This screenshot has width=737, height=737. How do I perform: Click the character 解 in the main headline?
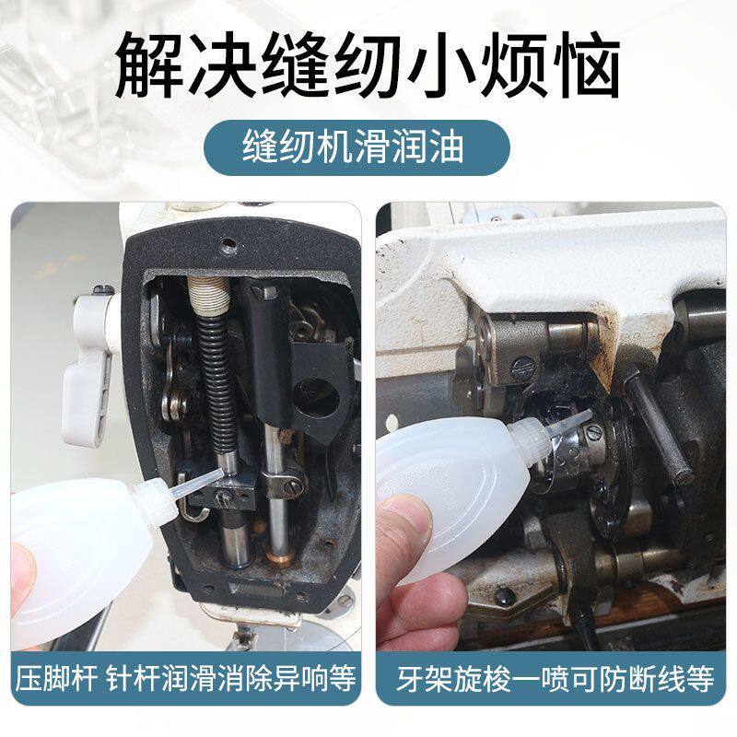tap(150, 64)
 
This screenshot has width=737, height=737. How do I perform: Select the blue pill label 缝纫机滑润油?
tap(357, 147)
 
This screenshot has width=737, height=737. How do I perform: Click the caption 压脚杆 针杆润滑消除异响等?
tap(186, 678)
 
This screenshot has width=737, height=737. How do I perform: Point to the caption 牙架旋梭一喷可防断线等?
tap(556, 678)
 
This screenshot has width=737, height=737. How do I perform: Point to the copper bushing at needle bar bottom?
tap(279, 557)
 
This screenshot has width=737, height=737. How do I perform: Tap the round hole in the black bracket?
tap(316, 398)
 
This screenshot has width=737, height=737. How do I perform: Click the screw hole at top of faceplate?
tap(228, 243)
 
